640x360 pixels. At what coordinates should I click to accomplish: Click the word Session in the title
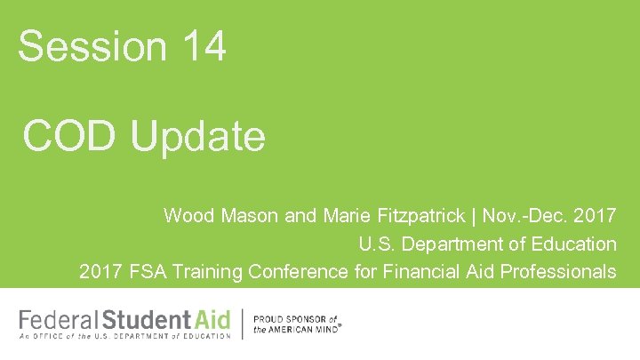pos(85,45)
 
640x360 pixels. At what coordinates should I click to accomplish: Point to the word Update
pos(197,138)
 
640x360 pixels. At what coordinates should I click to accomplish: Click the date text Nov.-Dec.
pos(524,216)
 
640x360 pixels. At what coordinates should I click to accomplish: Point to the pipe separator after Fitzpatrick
pos(474,216)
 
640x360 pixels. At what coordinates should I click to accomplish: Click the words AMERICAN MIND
pos(302,328)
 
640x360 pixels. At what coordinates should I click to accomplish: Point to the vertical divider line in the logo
pos(243,323)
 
